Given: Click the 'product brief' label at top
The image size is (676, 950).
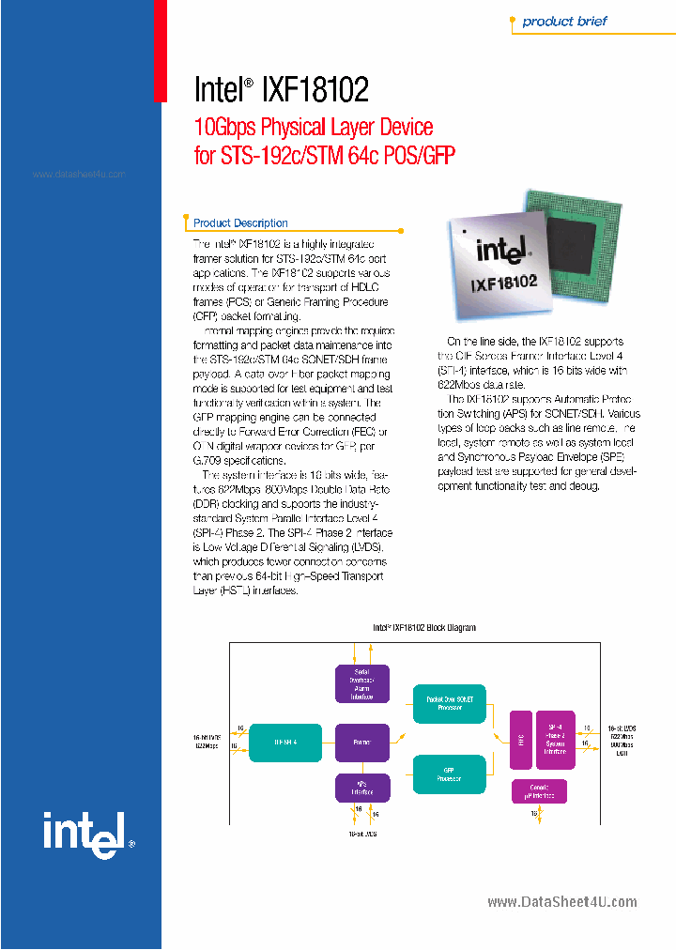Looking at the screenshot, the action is (564, 22).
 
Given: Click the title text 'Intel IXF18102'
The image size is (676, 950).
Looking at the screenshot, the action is (281, 89).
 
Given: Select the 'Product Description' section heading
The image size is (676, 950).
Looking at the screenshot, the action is (240, 223).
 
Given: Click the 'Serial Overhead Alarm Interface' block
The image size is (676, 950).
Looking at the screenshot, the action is (361, 684).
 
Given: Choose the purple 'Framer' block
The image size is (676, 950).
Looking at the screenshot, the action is (361, 742).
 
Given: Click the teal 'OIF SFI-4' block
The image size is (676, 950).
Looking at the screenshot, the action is (285, 742).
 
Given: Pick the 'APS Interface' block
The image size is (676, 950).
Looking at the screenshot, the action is (361, 788).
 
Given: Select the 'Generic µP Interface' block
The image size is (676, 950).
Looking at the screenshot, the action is (538, 790).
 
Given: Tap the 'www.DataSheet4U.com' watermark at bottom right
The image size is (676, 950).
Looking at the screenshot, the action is (562, 902).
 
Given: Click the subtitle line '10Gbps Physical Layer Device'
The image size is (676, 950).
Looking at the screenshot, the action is (314, 127).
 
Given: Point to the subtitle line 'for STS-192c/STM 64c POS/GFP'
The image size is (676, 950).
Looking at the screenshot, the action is (325, 155).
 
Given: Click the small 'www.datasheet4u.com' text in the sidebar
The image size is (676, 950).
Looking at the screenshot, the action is (79, 176).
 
